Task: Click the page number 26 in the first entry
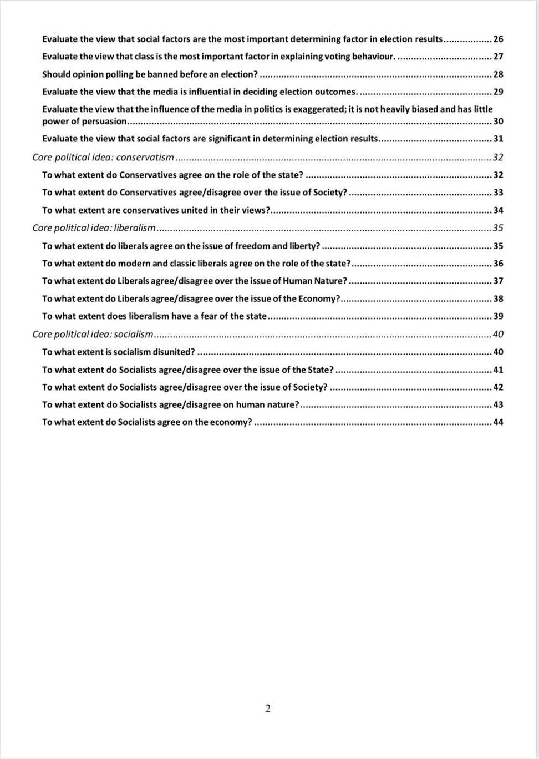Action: coord(498,39)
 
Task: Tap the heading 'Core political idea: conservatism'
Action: coord(103,158)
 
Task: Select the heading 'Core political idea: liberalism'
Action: coord(94,228)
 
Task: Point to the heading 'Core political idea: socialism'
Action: coord(93,335)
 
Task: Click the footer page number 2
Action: coord(268,709)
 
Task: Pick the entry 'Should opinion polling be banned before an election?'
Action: coord(150,74)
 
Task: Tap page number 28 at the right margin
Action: coord(498,74)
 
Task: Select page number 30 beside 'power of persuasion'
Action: coord(498,122)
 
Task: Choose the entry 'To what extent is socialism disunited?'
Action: coord(119,352)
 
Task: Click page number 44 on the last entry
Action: coord(498,422)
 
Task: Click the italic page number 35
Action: coord(498,228)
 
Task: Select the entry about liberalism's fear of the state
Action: coord(154,316)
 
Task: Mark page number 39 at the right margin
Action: coord(498,316)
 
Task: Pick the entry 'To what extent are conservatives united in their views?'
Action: coord(156,210)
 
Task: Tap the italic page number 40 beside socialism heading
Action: coord(498,335)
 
